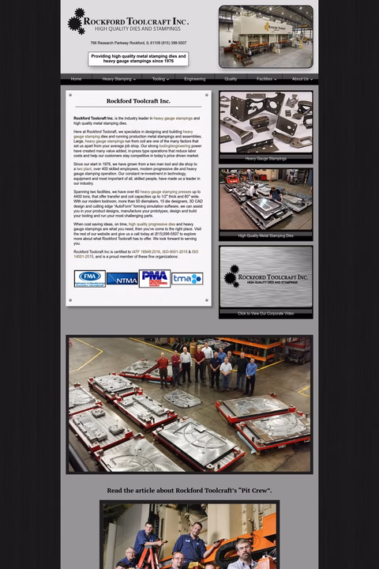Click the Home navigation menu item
[76, 79]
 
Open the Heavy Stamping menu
[118, 79]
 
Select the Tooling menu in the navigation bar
[160, 79]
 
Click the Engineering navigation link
[194, 79]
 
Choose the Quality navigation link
[231, 79]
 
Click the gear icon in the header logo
[77, 21]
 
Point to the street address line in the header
[138, 43]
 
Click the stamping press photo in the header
[265, 36]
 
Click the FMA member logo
[89, 278]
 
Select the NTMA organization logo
[122, 278]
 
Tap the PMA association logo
[155, 278]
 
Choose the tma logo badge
[187, 278]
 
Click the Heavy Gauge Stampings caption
[265, 158]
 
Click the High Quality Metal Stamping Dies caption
[265, 236]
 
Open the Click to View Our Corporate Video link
[265, 313]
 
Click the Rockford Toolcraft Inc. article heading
[138, 101]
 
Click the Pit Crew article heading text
[189, 491]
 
